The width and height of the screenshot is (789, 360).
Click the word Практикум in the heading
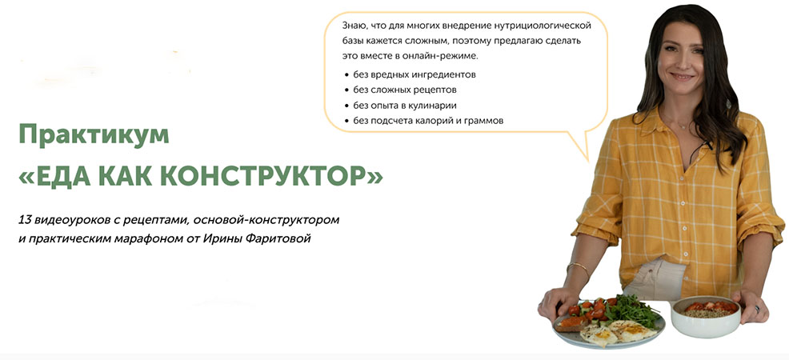pos(94,134)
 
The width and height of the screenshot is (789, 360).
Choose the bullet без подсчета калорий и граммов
pos(428,121)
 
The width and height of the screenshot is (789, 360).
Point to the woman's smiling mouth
pos(683,77)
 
